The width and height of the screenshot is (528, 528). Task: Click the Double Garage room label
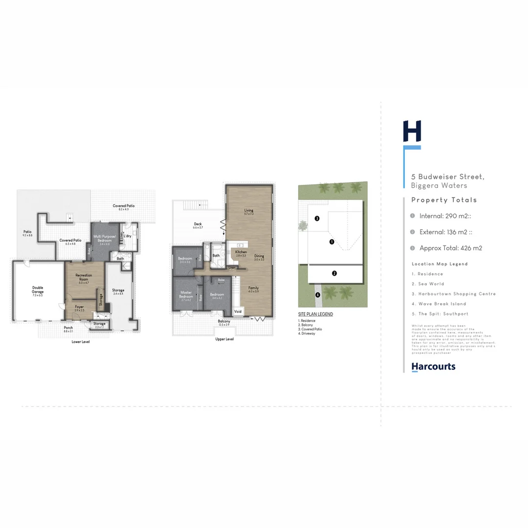coord(38,289)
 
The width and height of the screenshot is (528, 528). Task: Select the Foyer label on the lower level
coord(79,308)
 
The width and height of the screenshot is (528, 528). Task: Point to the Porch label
coord(68,329)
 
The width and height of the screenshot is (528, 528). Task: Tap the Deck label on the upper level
coord(198,224)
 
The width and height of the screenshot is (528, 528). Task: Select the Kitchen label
coord(241,252)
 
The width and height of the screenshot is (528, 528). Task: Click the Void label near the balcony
coord(238,311)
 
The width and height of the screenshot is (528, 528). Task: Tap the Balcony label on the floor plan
coord(224,322)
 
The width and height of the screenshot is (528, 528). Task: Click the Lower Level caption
coord(81,342)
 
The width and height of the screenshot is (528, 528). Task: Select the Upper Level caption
coord(224,339)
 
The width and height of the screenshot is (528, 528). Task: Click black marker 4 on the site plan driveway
coord(317,294)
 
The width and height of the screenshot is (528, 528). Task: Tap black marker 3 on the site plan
coord(317,218)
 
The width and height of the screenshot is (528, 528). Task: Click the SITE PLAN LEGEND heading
coord(315,314)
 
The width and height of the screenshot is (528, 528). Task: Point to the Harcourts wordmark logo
coord(433,366)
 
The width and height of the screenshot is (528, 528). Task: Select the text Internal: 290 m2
coord(444,216)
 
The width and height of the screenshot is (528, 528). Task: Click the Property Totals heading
coord(444,200)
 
